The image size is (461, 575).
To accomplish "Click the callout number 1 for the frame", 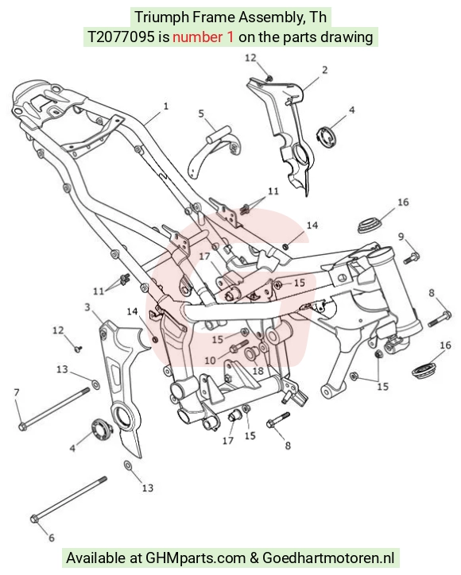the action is click(166, 106).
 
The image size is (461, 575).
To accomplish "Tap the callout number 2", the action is click(324, 70).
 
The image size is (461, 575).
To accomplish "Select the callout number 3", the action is click(87, 307).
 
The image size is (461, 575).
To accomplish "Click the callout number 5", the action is click(201, 114).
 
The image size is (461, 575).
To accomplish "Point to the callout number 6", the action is click(52, 538).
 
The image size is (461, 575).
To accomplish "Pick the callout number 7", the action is click(16, 393).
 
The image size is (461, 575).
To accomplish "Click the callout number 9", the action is click(401, 237).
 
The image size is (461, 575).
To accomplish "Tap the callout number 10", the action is click(210, 361).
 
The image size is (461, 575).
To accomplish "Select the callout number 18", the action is click(258, 371).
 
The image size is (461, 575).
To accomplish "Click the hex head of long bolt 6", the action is click(34, 519).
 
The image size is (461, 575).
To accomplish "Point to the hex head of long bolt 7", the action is click(22, 426).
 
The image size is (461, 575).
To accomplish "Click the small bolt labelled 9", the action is click(412, 257).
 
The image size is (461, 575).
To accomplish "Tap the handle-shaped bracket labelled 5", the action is click(215, 152).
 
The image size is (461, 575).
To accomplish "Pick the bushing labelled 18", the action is click(251, 353).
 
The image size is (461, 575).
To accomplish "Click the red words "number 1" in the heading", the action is click(203, 37).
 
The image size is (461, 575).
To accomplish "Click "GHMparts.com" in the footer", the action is click(196, 558).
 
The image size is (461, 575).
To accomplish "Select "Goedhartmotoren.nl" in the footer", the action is click(328, 558).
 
